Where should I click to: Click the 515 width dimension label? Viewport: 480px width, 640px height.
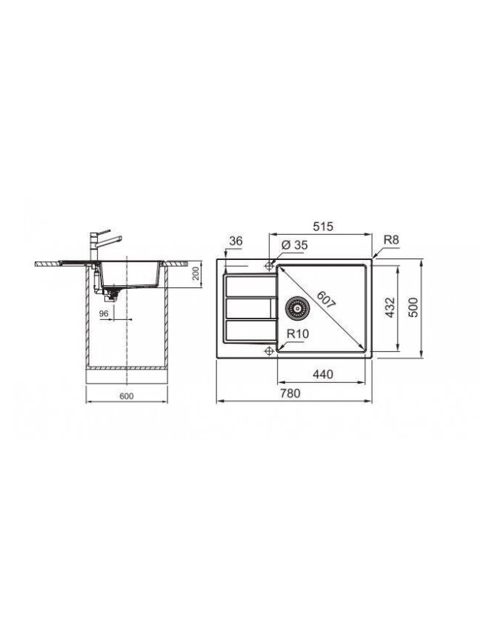click(323, 226)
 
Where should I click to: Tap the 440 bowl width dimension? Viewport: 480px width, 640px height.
click(323, 374)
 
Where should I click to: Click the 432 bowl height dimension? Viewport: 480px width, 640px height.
click(390, 307)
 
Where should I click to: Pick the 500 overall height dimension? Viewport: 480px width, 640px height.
click(413, 307)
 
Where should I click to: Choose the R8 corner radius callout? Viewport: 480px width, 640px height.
click(390, 240)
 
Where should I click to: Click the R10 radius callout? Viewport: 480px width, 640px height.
click(298, 333)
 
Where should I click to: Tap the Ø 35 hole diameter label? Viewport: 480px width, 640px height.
click(294, 245)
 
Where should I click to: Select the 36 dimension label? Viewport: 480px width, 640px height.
click(236, 241)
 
